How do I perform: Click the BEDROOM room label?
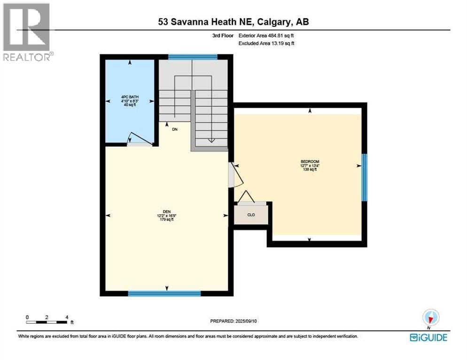click(310, 162)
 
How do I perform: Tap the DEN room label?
click(167, 212)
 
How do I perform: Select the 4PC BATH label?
click(130, 97)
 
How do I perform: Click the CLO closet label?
click(251, 215)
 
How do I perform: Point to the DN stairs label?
click(175, 129)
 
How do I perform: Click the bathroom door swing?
click(140, 138)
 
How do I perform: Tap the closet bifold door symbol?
click(246, 196)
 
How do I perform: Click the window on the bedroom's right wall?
click(364, 178)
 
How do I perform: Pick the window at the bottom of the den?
click(164, 293)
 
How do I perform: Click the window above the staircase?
click(193, 57)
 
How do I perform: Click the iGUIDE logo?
click(428, 337)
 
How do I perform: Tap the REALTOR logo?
click(27, 32)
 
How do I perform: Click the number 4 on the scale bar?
click(67, 317)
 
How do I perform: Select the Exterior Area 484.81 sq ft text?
click(266, 35)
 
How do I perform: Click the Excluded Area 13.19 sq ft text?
click(266, 43)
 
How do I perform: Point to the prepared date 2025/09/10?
click(246, 321)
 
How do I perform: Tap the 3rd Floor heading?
click(223, 35)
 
